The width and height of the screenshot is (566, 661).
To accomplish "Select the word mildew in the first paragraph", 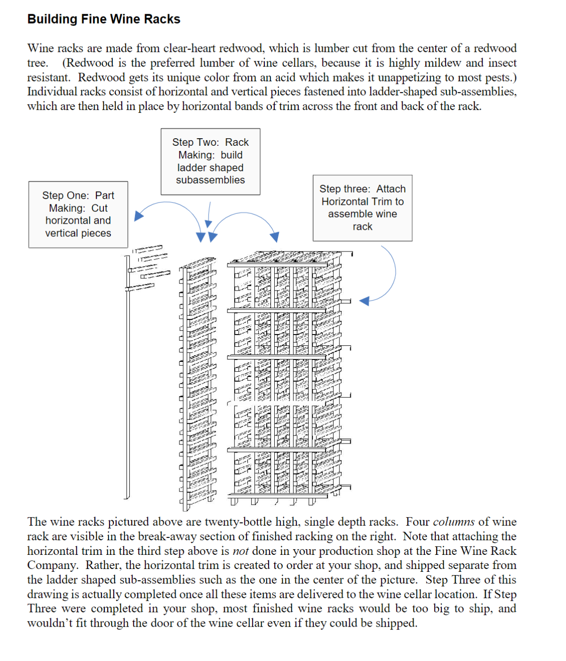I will click(x=444, y=63).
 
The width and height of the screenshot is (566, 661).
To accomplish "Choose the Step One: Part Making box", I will click(x=78, y=214).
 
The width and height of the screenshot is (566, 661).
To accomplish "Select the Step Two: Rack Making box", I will click(x=210, y=161).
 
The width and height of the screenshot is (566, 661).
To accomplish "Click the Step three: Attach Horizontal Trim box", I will click(x=362, y=208).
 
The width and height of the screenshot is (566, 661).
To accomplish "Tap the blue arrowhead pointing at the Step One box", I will click(x=138, y=216).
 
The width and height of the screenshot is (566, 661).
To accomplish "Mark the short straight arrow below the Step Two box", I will click(x=209, y=214).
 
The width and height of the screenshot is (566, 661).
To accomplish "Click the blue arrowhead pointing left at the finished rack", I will click(x=364, y=301).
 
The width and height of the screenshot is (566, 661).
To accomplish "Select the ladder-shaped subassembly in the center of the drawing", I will click(x=197, y=382).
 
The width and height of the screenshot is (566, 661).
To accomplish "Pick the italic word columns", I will click(x=453, y=522).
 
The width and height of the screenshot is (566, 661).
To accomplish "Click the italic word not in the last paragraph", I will click(x=240, y=551).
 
